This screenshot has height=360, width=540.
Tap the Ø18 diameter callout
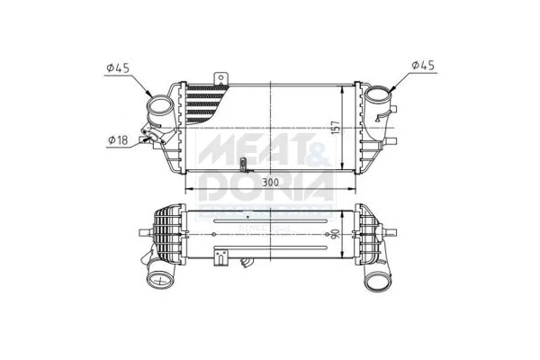[118, 140]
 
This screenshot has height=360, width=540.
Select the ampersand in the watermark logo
[319, 154]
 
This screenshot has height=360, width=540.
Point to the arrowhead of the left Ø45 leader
[149, 96]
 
